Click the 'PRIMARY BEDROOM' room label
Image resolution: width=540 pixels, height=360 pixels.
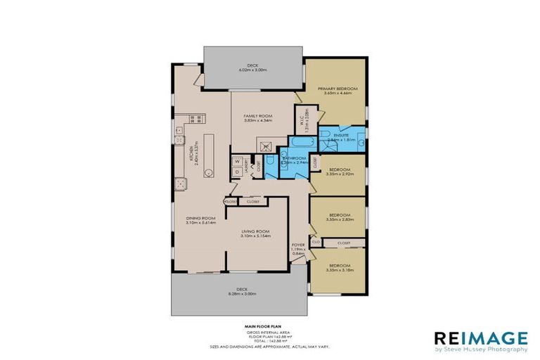click(x=337, y=89)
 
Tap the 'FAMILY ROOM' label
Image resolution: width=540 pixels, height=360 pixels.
click(x=257, y=117)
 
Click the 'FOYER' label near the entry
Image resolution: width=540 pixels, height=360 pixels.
click(x=299, y=244)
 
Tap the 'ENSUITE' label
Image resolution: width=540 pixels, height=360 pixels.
click(x=342, y=134)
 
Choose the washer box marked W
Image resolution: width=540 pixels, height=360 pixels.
click(x=237, y=159)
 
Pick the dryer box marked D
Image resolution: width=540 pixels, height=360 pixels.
click(x=237, y=171)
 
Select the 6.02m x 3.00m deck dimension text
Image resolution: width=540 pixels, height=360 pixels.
click(x=254, y=70)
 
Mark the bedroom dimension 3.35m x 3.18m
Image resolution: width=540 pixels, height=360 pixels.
click(x=338, y=269)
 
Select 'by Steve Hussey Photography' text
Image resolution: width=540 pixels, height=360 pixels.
click(x=480, y=349)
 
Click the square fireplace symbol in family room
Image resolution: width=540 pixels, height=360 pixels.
click(x=266, y=147)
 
